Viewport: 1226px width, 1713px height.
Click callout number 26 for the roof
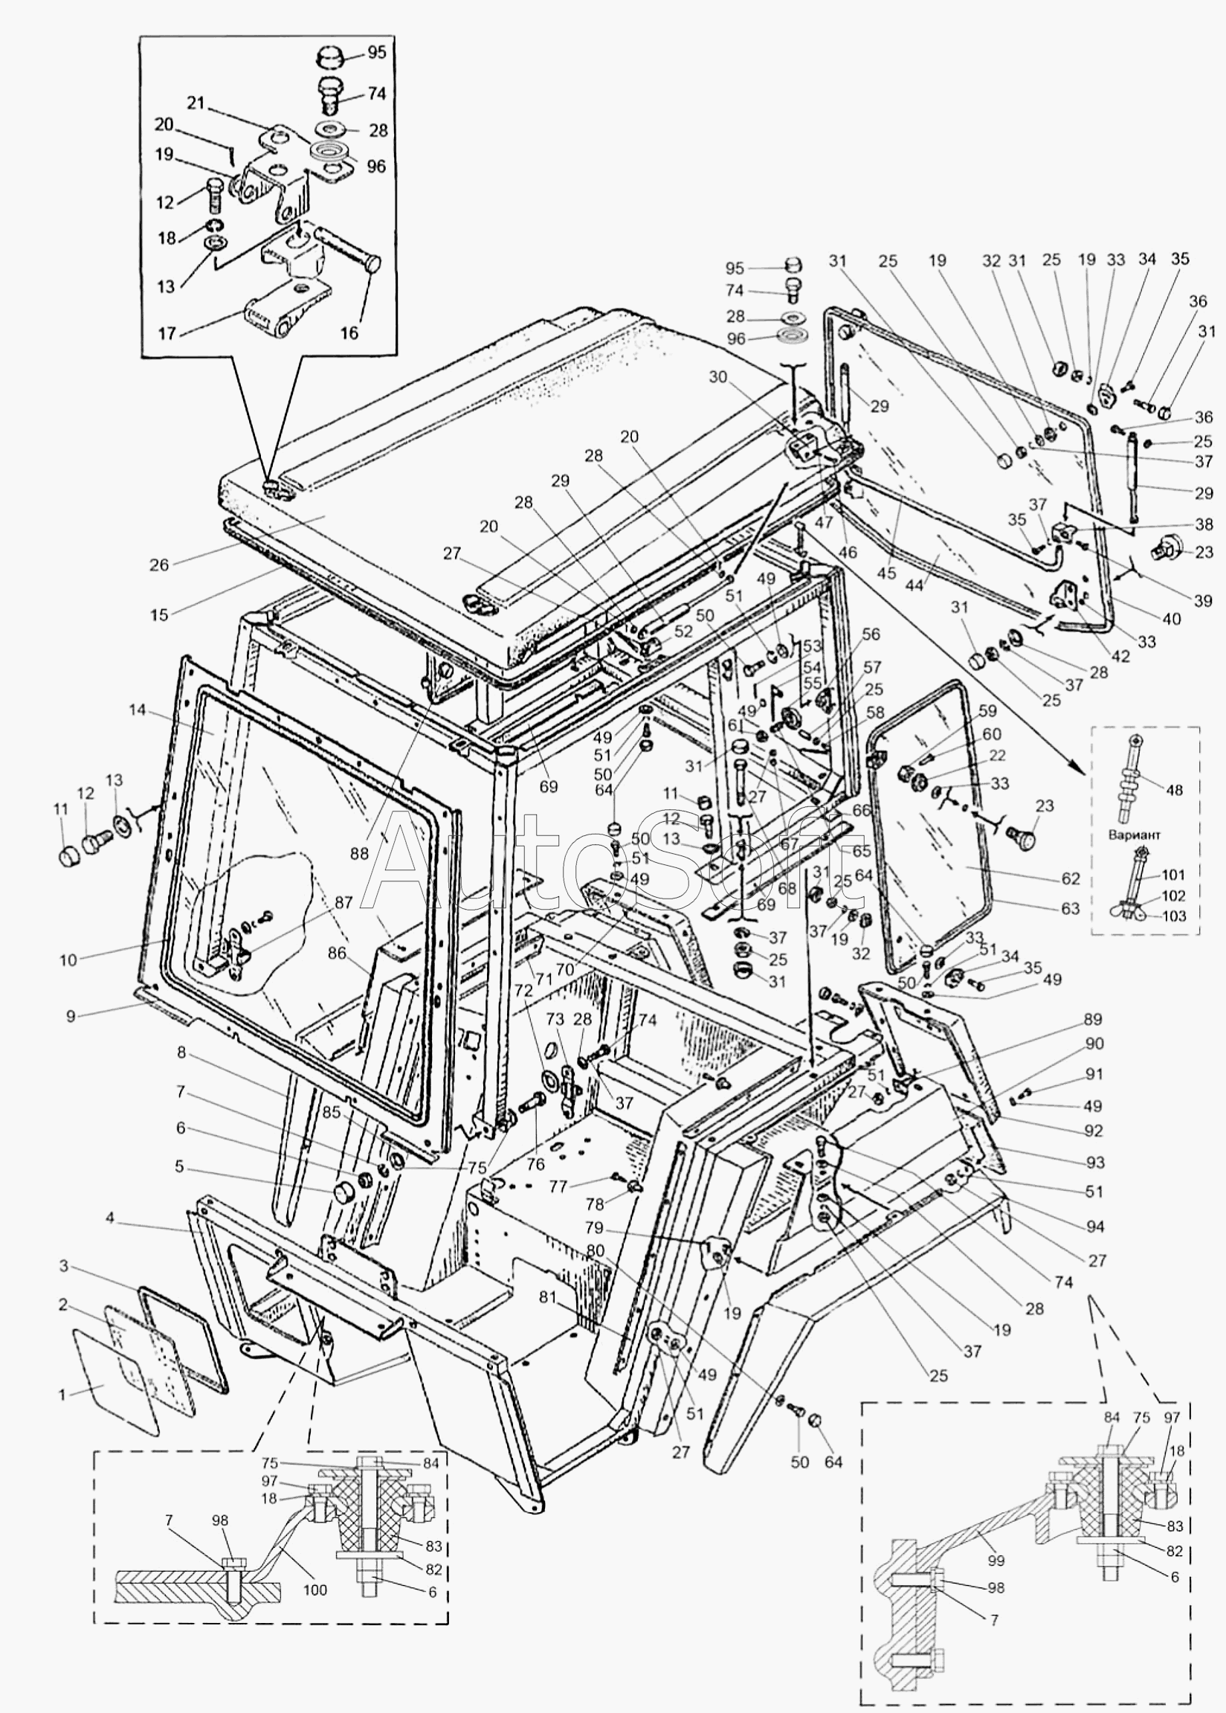[158, 565]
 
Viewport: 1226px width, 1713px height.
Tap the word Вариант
[1134, 835]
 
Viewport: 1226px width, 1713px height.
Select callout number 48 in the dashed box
[1174, 790]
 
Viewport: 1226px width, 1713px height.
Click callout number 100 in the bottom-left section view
[314, 1590]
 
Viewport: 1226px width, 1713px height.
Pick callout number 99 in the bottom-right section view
[996, 1561]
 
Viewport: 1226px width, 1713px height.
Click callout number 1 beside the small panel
[62, 1395]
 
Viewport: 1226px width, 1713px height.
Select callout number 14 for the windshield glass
[137, 710]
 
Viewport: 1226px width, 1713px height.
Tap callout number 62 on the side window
[1071, 878]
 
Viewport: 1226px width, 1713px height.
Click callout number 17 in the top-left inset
[167, 333]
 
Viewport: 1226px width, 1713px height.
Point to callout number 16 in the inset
[349, 333]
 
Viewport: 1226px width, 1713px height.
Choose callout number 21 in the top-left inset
[196, 103]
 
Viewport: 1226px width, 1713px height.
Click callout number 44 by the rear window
[914, 585]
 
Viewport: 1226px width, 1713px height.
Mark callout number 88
[359, 852]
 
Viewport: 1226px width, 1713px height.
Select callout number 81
[547, 1299]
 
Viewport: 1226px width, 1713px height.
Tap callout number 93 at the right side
[1095, 1163]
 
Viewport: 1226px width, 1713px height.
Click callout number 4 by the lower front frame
[110, 1218]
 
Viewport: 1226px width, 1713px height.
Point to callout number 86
[337, 953]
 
